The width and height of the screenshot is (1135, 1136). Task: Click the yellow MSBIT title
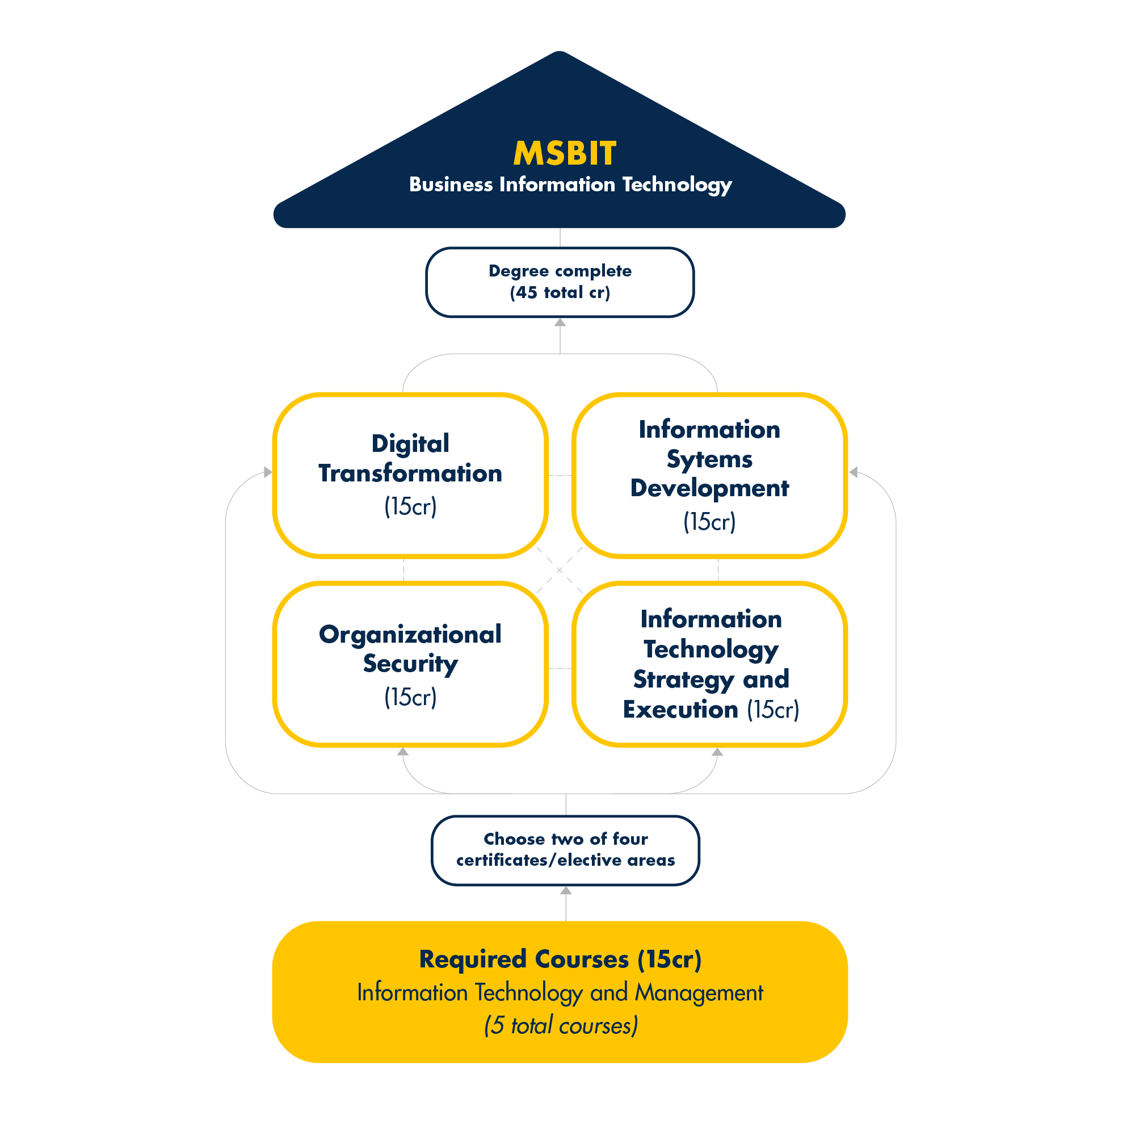565,153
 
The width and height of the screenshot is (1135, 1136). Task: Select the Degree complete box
560,282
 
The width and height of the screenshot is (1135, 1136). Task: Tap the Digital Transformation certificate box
410,475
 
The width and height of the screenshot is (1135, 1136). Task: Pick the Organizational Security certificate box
410,664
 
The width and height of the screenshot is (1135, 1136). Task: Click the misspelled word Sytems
709,459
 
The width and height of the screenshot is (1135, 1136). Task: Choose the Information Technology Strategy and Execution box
709,664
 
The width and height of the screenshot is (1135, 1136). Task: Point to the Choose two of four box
565,850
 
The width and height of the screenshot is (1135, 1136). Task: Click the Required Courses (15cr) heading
560,959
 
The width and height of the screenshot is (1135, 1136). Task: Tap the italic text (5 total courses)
560,1025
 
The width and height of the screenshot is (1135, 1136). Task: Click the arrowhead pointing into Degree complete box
560,322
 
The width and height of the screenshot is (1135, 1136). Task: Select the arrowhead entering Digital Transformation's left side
268,472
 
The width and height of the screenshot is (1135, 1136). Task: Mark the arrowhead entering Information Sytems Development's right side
853,472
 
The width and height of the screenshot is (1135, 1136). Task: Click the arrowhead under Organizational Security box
402,752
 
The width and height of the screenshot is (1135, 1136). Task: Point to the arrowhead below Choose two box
565,890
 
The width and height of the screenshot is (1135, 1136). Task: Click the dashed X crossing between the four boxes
559,570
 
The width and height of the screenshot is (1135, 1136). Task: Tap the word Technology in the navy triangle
676,185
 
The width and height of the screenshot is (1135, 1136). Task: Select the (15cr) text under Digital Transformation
410,506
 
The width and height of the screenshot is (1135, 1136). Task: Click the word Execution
680,710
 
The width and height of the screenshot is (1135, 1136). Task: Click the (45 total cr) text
560,292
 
